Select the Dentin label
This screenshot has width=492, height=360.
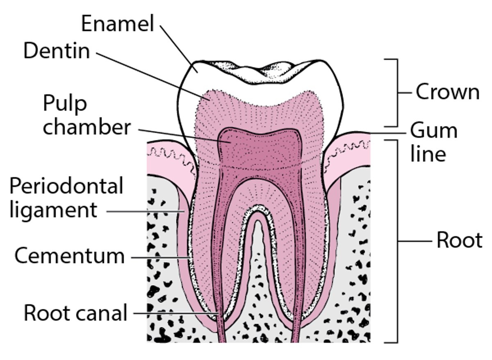(57, 51)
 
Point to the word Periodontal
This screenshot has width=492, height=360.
(66, 187)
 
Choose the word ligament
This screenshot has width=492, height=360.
(53, 210)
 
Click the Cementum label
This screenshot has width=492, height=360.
(69, 256)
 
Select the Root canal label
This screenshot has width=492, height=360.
(75, 313)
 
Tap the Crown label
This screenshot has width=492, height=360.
(447, 92)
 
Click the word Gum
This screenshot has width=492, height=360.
(434, 131)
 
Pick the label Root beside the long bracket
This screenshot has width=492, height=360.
(459, 241)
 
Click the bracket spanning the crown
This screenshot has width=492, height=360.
(397, 93)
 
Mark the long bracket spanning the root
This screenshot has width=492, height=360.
(397, 241)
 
